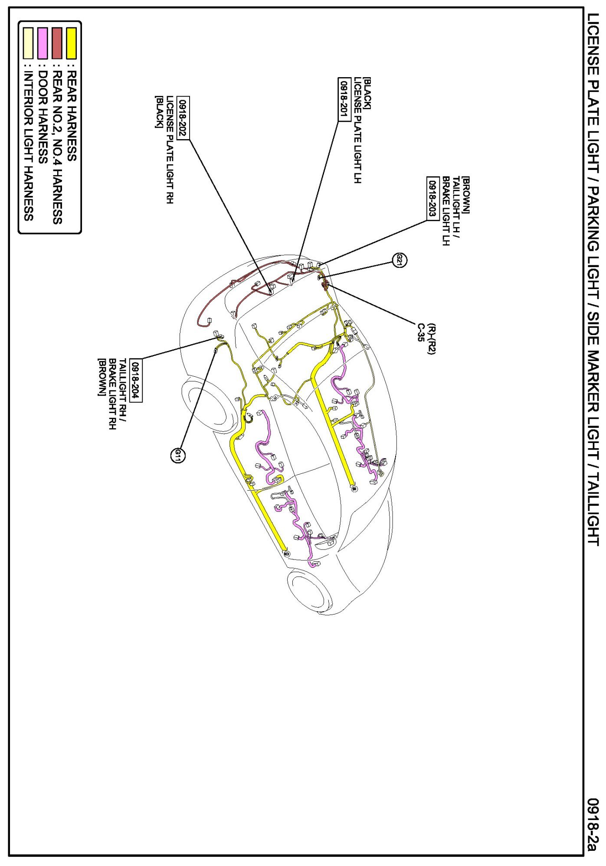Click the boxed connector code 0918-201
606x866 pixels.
pyautogui.click(x=344, y=99)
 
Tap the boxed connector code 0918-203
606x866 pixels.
pyautogui.click(x=433, y=199)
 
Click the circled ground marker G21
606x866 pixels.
pyautogui.click(x=400, y=260)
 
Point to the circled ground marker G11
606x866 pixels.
pyautogui.click(x=177, y=455)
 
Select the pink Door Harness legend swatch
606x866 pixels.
pyautogui.click(x=43, y=43)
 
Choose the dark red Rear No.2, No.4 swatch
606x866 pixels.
pyautogui.click(x=57, y=43)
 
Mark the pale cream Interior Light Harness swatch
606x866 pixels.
pyautogui.click(x=28, y=43)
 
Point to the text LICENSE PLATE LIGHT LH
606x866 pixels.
pyautogui.click(x=357, y=130)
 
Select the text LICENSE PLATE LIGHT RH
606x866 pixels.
pyautogui.click(x=170, y=150)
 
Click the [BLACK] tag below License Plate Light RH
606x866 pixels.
pyautogui.click(x=159, y=112)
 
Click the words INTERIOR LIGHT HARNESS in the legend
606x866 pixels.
pyautogui.click(x=29, y=146)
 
